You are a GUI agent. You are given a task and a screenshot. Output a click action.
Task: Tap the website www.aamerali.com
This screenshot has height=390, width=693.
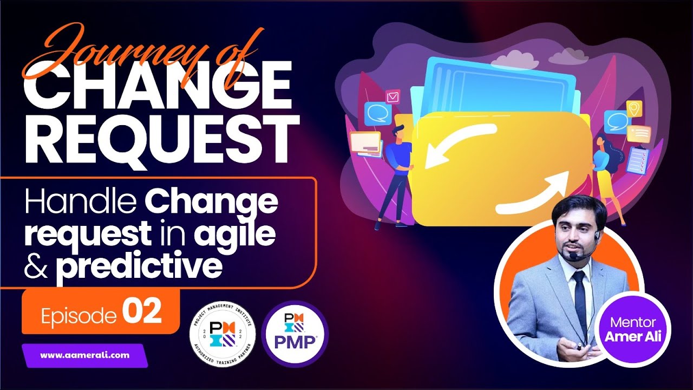pyautogui.click(x=85, y=355)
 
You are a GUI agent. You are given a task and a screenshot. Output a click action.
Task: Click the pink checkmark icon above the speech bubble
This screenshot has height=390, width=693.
pyautogui.click(x=393, y=96)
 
